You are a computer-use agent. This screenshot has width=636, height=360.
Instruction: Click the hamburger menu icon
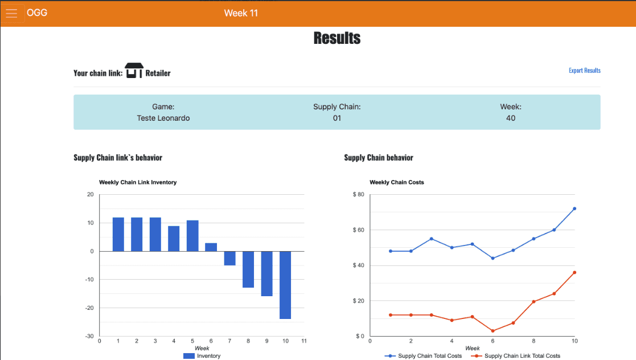[x=11, y=14]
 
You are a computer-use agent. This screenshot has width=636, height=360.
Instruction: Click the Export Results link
[x=584, y=71]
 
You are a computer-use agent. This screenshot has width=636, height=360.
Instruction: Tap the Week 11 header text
[x=241, y=13]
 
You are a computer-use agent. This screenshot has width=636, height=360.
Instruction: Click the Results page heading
[x=337, y=38]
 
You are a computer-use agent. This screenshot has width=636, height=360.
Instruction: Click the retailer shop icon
[x=134, y=71]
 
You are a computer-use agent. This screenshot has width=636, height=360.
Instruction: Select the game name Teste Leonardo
[x=163, y=118]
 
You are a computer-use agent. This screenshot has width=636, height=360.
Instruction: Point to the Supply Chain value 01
[x=337, y=118]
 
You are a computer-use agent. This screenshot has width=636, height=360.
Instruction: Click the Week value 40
[x=511, y=118]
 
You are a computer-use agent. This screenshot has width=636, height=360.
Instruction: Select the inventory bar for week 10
[x=285, y=285]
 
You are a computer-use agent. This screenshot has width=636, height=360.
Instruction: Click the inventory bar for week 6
[x=211, y=247]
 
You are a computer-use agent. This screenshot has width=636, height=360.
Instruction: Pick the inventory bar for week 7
[x=229, y=258]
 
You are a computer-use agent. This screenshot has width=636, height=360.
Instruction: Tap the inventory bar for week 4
[x=174, y=239]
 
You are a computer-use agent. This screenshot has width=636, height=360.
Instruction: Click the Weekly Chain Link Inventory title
[x=138, y=182]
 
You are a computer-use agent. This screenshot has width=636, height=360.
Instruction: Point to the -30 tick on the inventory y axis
[x=90, y=336]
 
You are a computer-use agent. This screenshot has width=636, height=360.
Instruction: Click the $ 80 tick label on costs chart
[x=358, y=195]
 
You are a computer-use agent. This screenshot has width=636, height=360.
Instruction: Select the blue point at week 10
[x=575, y=208]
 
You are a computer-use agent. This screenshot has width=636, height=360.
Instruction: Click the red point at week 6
[x=493, y=331]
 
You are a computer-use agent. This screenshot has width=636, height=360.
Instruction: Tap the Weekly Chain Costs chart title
[x=397, y=182]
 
